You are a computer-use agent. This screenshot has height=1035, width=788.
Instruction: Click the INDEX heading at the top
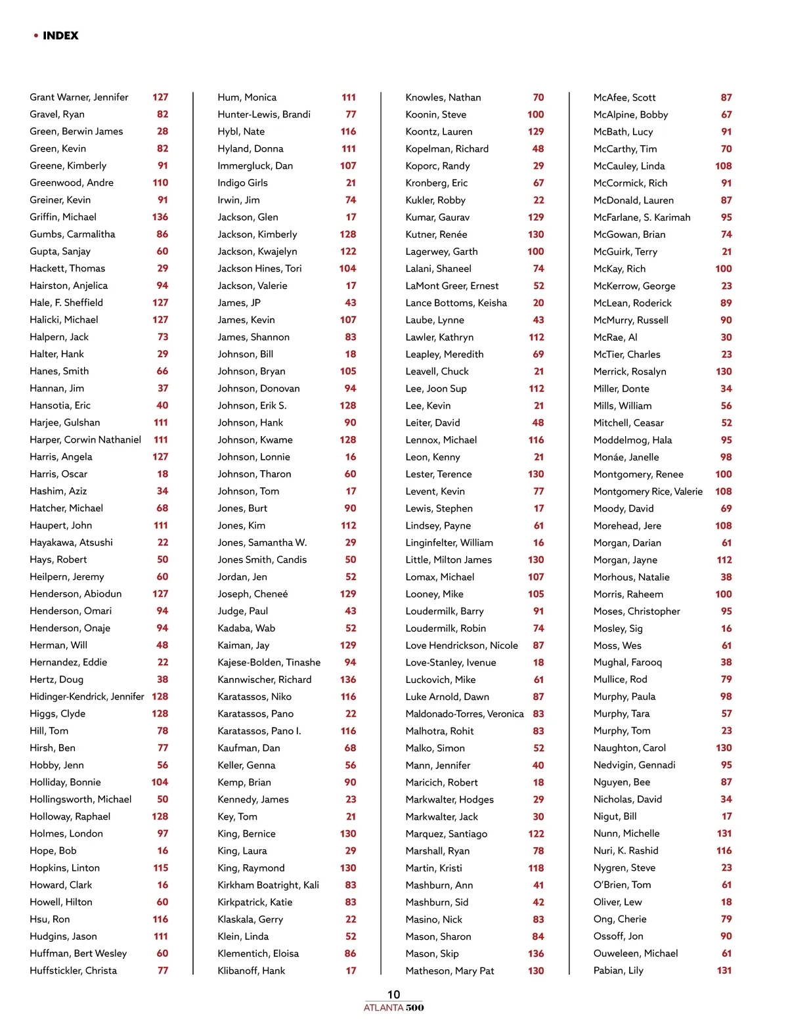[x=60, y=35]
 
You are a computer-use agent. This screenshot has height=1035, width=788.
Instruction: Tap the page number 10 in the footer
[x=393, y=994]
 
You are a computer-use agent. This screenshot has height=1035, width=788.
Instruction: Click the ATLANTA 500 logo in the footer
[x=393, y=1007]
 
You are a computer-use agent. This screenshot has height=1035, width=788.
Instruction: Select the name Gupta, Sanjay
[x=60, y=252]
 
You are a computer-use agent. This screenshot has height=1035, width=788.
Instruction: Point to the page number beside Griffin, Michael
[x=160, y=217]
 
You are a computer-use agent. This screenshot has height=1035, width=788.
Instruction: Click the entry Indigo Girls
[x=242, y=183]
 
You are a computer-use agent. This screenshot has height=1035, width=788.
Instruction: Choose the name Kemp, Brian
[x=244, y=782]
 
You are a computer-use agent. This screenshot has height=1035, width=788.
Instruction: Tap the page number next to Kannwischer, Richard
[x=348, y=680]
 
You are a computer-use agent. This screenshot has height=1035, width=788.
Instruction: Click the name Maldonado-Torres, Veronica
[x=464, y=714]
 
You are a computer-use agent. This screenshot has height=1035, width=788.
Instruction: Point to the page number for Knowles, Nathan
[x=538, y=97]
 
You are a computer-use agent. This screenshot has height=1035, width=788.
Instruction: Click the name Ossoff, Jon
[x=618, y=936]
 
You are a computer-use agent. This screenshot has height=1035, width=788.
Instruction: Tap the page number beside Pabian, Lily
[x=724, y=971]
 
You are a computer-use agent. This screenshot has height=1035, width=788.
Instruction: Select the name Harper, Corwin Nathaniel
[x=85, y=440]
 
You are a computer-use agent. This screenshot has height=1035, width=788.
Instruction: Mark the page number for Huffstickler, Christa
[x=162, y=971]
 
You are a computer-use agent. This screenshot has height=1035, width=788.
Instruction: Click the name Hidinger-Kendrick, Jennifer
[x=87, y=697]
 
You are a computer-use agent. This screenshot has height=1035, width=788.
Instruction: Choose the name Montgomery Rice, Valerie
[x=647, y=491]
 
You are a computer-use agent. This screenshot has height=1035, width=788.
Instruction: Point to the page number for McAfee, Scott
[x=726, y=97]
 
